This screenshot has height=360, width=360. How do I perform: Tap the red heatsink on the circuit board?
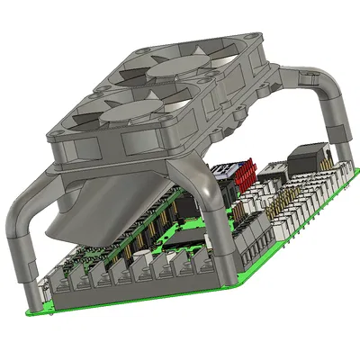[x=244, y=170]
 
